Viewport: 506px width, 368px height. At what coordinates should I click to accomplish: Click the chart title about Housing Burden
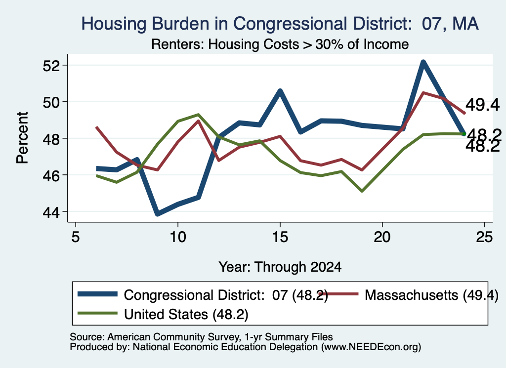tap(280, 24)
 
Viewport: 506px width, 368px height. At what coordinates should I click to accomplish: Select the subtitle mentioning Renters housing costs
tap(280, 44)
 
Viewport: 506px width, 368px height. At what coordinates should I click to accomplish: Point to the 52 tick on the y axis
tap(51, 66)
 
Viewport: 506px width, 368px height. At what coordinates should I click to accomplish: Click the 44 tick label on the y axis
tap(51, 212)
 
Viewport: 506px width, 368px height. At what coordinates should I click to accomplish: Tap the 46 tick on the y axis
tap(51, 175)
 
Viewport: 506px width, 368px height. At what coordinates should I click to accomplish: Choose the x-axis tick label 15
tap(280, 237)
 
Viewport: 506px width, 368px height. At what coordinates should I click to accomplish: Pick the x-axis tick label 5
tap(76, 237)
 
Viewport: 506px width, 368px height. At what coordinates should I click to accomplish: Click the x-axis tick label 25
tap(484, 237)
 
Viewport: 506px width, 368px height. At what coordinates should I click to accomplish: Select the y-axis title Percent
tap(22, 138)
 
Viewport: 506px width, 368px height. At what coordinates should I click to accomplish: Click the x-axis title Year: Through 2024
tap(280, 267)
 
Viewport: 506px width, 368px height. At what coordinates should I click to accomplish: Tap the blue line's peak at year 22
tap(423, 62)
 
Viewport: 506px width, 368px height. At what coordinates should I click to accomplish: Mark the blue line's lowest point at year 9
tap(158, 213)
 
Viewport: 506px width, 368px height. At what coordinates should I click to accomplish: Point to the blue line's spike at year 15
tap(280, 91)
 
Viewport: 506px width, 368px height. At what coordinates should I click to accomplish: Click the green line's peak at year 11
tap(199, 115)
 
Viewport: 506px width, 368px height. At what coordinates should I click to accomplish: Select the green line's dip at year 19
tap(362, 191)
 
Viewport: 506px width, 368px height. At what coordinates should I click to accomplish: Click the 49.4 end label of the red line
tap(482, 105)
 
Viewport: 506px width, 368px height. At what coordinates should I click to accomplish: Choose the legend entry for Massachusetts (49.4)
tap(410, 295)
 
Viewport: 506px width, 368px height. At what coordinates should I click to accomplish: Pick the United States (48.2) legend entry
tap(163, 314)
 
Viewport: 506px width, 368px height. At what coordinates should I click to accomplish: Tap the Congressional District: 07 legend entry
tap(203, 295)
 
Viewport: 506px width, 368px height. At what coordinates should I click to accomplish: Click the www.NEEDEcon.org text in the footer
tap(371, 347)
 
